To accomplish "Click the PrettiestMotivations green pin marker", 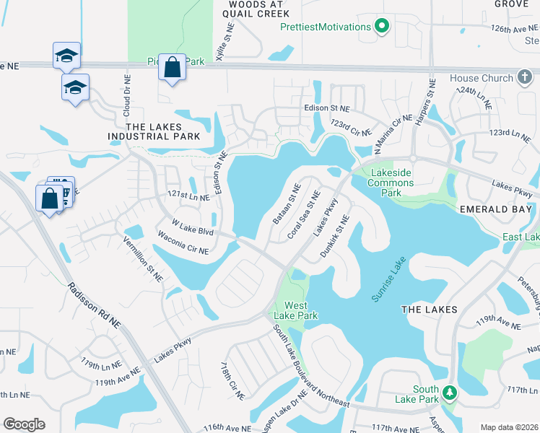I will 382,27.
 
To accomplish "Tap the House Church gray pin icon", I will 525,78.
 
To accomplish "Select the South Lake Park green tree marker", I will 450,393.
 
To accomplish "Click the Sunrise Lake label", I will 389,279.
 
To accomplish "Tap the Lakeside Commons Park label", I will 392,183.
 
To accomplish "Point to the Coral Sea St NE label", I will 304,215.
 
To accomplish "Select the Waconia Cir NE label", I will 183,244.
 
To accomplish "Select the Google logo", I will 24,424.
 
